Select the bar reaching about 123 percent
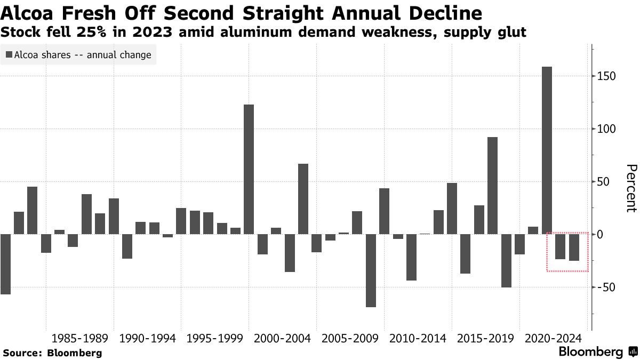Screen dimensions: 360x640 click(x=249, y=169)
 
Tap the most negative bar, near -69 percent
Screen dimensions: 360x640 click(x=371, y=270)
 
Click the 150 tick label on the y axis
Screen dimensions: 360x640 click(x=607, y=76)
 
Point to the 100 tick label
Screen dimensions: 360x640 click(x=607, y=129)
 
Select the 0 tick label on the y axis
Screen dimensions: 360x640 click(x=601, y=235)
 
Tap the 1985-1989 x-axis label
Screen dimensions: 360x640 click(x=80, y=338)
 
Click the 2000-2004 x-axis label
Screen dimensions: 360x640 click(x=283, y=338)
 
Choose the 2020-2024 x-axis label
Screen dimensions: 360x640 click(x=553, y=338)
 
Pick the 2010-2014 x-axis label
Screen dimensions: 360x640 click(x=418, y=338)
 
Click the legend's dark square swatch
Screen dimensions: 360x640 click(x=9, y=54)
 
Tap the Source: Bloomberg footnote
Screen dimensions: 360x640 click(x=52, y=353)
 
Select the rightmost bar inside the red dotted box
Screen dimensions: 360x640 click(x=574, y=247)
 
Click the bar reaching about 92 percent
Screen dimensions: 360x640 click(x=492, y=186)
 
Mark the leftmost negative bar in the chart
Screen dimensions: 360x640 click(x=5, y=264)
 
